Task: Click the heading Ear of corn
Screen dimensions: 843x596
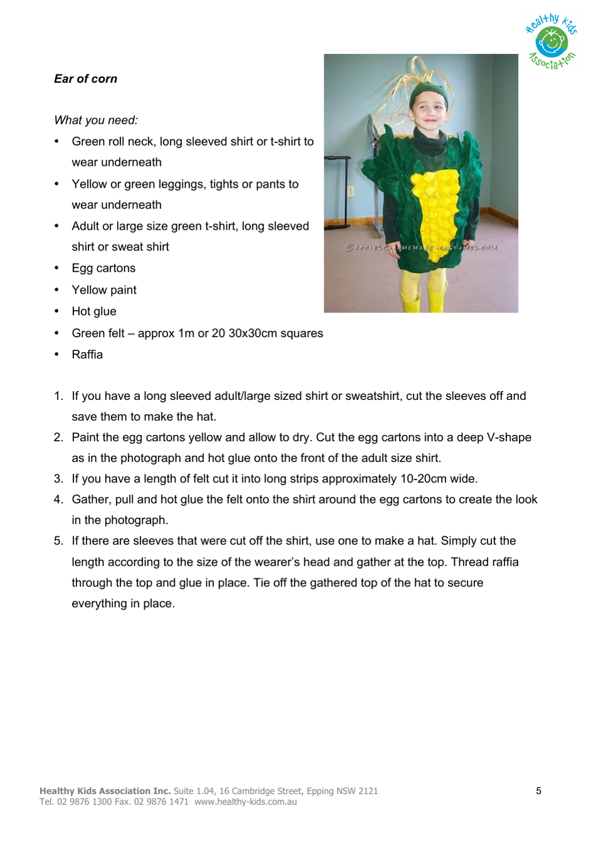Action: tap(85, 79)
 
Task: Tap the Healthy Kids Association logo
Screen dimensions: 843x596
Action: tap(551, 42)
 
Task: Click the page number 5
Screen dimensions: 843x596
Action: tap(538, 791)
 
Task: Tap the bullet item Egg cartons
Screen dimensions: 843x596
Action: tap(104, 269)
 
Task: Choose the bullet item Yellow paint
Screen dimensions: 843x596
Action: tap(104, 290)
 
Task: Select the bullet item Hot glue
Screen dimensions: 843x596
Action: tap(94, 311)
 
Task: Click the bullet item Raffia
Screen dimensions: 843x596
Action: tap(87, 355)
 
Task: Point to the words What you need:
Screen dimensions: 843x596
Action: tap(96, 121)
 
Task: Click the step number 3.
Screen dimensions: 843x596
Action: tap(58, 479)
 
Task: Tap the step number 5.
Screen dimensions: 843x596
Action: tap(58, 541)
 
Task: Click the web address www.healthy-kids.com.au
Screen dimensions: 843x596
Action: tap(245, 802)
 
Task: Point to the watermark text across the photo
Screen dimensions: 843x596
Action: tap(421, 247)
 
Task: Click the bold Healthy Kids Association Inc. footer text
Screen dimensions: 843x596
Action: tap(105, 791)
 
